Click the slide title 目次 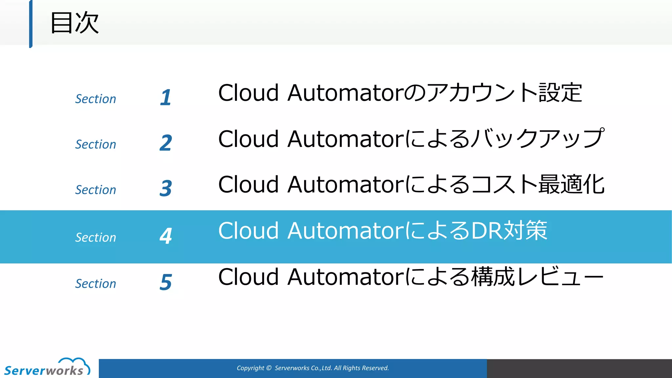pyautogui.click(x=74, y=23)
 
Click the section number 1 pyautogui.click(x=166, y=97)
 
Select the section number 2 pyautogui.click(x=166, y=143)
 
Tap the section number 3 pyautogui.click(x=166, y=188)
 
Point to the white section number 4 pyautogui.click(x=166, y=236)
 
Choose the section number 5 pyautogui.click(x=166, y=282)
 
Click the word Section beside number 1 pyautogui.click(x=95, y=99)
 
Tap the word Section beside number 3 pyautogui.click(x=95, y=190)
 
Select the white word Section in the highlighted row pyautogui.click(x=95, y=237)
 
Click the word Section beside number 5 pyautogui.click(x=95, y=283)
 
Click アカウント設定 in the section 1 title pyautogui.click(x=505, y=93)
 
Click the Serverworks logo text pyautogui.click(x=44, y=371)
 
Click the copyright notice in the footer pyautogui.click(x=313, y=368)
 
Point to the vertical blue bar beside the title pyautogui.click(x=31, y=24)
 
